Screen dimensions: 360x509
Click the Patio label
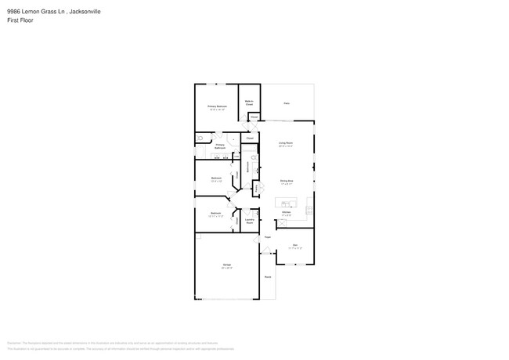(287, 103)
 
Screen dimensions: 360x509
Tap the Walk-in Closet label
(248, 102)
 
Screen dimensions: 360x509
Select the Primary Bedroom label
(217, 107)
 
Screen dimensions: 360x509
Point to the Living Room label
(285, 144)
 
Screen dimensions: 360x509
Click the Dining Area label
(287, 182)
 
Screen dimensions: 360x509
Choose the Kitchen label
(287, 212)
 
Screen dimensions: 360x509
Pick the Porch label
(267, 277)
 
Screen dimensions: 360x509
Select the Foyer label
(267, 236)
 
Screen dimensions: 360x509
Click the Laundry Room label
(249, 221)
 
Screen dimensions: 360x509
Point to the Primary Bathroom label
(220, 146)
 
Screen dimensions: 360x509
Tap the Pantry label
(255, 187)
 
